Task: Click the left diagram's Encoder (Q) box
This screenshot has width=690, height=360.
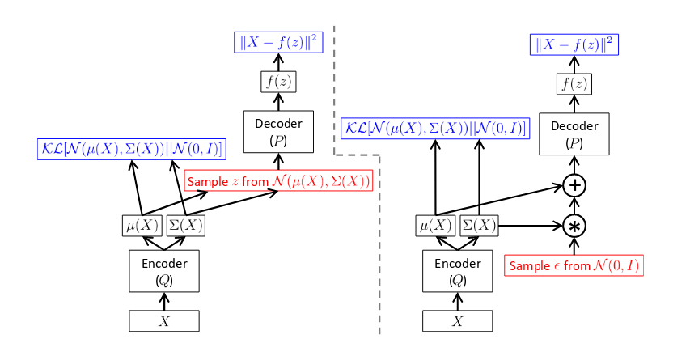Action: point(164,271)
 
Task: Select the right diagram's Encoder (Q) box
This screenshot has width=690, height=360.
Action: point(458,271)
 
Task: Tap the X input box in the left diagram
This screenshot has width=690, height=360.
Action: point(164,321)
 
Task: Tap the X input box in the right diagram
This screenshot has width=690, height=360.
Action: point(458,321)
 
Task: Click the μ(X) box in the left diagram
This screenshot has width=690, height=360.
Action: point(142,227)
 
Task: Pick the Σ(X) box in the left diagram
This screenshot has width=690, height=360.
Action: point(185,227)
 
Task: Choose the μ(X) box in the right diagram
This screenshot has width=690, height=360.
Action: point(436,227)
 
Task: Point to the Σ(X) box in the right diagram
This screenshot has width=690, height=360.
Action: point(479,227)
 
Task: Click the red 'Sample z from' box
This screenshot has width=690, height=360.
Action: point(279,181)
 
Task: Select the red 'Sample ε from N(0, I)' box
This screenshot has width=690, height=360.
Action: point(574,265)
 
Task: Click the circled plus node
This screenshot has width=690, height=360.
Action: point(574,185)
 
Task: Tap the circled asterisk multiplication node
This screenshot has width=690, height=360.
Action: point(574,226)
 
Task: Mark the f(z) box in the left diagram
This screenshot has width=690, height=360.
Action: point(278,82)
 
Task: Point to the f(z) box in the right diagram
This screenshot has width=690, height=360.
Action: point(574,84)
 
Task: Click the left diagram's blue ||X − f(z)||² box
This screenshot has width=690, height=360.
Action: point(278,42)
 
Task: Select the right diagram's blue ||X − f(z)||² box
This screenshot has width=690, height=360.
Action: point(574,44)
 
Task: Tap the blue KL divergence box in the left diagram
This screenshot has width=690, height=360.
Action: point(131,149)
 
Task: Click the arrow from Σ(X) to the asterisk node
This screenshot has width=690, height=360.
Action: point(531,226)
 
